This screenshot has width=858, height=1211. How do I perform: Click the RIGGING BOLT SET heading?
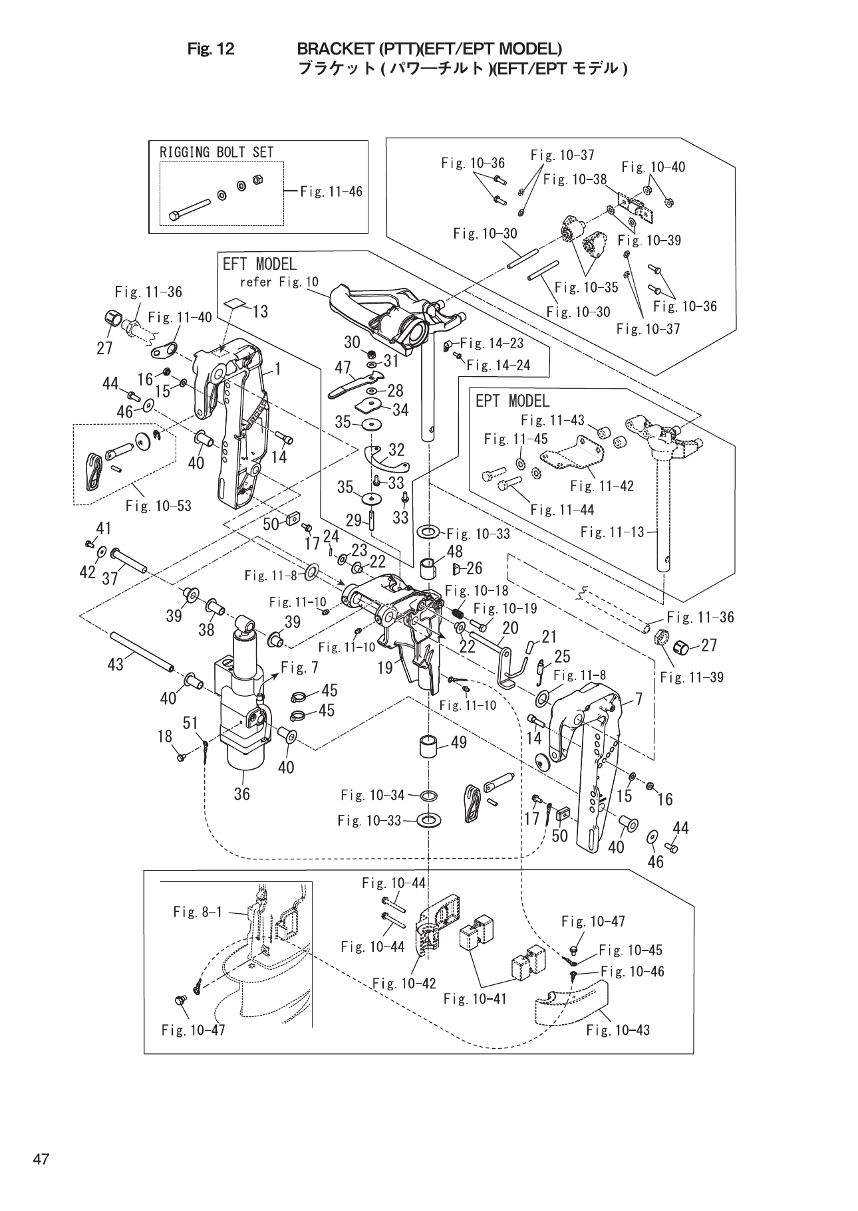216,152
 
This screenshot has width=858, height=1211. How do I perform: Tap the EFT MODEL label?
259,265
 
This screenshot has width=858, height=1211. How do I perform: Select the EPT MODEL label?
512,401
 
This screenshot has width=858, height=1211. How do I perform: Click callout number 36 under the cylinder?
241,794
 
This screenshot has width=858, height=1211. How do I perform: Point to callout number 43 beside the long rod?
116,664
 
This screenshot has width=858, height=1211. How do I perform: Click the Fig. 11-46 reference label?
331,191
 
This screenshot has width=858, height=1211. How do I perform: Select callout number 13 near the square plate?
260,311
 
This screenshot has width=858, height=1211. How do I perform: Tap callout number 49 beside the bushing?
458,742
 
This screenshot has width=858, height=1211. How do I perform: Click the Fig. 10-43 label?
618,1030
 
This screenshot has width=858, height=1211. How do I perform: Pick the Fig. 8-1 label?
198,912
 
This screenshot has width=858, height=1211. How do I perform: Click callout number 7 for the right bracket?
639,699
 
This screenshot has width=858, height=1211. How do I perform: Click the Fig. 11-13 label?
612,532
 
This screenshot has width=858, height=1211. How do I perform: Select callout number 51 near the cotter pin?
191,722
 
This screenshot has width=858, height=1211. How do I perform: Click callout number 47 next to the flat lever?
343,368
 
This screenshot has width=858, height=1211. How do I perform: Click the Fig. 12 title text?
212,49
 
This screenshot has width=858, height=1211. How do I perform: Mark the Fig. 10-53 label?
158,506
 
